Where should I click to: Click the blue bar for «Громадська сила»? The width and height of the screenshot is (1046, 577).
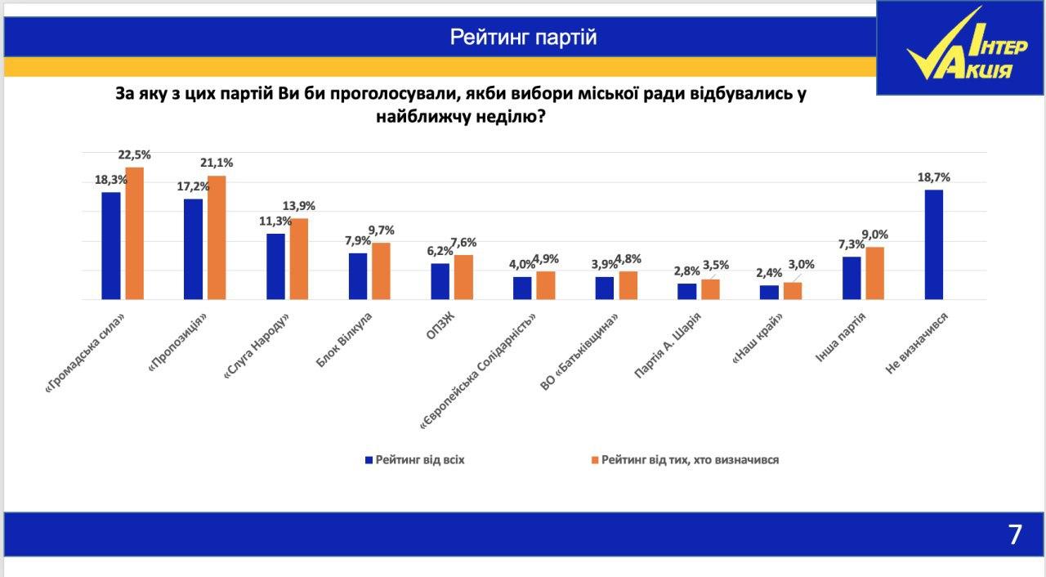point(111,246)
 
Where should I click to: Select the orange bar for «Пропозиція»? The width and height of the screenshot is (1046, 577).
point(217,238)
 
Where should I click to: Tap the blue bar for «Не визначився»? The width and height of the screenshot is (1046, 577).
point(933,245)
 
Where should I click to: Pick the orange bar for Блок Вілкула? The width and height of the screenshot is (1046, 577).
point(381,271)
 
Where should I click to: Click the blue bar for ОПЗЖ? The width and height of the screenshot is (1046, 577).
point(440,281)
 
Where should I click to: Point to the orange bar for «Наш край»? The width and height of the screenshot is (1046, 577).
point(793,291)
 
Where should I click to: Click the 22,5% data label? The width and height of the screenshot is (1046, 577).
point(135,154)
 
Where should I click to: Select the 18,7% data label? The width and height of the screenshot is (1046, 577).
point(934,177)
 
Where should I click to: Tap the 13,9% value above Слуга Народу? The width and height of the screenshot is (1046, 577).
point(299,206)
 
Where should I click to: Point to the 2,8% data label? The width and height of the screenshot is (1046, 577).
point(687,271)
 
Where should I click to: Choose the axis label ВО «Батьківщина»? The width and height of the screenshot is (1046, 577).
point(579,355)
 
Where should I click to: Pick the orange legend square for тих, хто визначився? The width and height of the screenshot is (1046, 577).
point(595,460)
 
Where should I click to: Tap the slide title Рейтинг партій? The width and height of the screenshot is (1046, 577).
point(523,38)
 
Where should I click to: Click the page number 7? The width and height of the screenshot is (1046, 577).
point(1015,535)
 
